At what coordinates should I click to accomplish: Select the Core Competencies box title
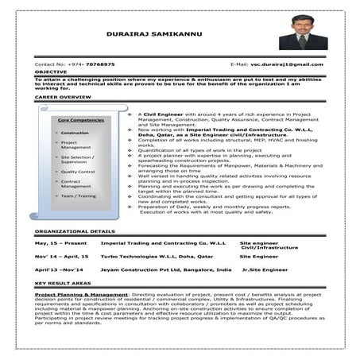point(82,119)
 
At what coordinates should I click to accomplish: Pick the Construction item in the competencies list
point(75,133)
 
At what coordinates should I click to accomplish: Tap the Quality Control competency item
point(78,171)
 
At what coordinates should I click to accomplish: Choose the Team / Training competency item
point(78,195)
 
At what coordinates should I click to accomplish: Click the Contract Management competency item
point(76,184)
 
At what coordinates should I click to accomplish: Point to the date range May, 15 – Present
point(60,242)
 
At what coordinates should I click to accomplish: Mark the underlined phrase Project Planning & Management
point(81,294)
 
